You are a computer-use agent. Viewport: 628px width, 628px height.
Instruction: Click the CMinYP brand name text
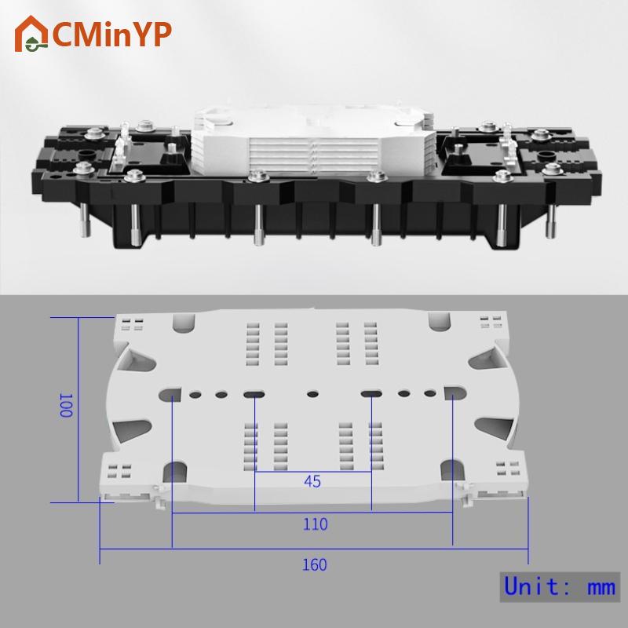click(x=112, y=35)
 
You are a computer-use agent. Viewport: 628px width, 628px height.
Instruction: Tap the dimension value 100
click(x=66, y=405)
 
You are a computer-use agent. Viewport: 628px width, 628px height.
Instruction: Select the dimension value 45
click(x=312, y=481)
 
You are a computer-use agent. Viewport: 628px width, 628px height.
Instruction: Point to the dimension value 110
click(x=316, y=524)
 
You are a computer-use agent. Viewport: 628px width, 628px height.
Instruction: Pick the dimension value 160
click(x=315, y=564)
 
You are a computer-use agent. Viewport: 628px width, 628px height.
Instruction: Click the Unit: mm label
click(x=560, y=586)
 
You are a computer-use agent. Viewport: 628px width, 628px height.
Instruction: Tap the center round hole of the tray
click(x=312, y=394)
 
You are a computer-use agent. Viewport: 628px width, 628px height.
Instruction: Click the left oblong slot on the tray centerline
click(x=254, y=395)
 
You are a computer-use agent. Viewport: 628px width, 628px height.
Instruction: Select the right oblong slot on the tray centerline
click(x=371, y=394)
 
